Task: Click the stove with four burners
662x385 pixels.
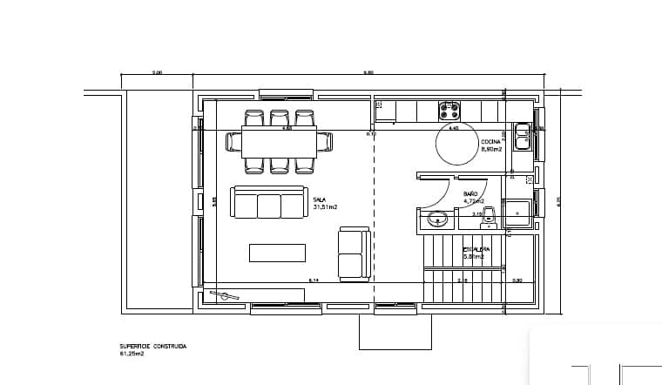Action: (449, 111)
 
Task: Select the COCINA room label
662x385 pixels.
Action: (490, 141)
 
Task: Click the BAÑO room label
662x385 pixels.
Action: (470, 193)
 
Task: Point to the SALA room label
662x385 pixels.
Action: (319, 199)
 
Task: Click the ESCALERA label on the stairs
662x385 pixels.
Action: (476, 249)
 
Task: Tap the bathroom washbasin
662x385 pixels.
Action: (438, 218)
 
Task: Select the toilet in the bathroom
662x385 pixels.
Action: (489, 214)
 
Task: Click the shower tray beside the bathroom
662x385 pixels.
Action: (519, 213)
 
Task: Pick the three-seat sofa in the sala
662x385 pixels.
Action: (268, 203)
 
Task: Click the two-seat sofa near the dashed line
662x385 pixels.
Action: (353, 253)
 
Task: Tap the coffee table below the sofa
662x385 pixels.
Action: (277, 253)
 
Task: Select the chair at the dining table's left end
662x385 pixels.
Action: (233, 141)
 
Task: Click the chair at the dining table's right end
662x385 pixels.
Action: (324, 141)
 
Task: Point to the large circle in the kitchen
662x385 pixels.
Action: (456, 145)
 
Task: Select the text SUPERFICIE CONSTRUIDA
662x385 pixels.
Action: (152, 346)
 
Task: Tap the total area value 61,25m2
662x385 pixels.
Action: (132, 355)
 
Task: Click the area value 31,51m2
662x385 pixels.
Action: (324, 207)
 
